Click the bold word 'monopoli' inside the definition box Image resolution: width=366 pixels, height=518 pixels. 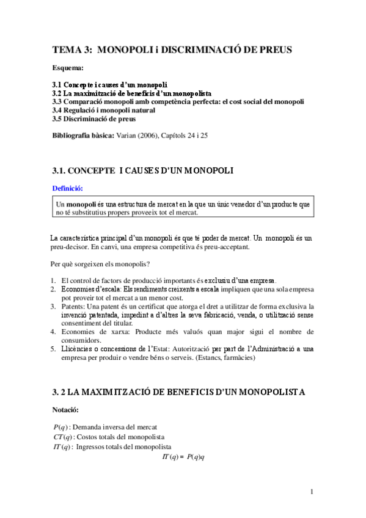81,203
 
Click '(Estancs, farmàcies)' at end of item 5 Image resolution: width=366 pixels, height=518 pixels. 222,358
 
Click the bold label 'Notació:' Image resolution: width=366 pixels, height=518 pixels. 67,408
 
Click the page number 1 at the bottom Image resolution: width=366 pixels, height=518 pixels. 311,492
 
